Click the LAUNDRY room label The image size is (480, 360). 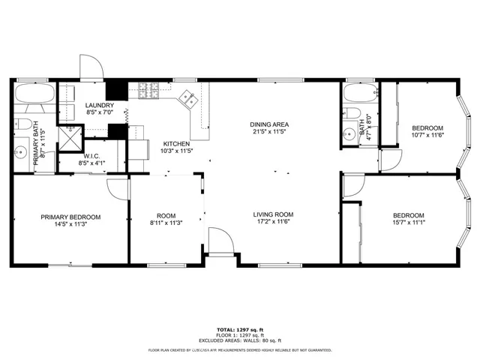pos(100,106)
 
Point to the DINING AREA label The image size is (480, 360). pos(269,124)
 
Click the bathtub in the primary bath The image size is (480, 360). pos(34,96)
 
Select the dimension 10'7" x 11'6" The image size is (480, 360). pos(427,135)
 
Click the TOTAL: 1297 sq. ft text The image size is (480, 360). pos(240,329)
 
